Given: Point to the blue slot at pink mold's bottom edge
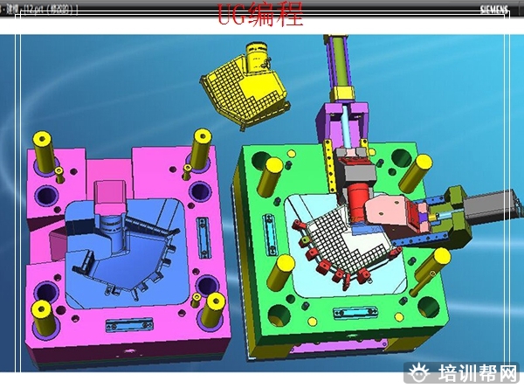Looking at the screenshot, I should pos(119,326).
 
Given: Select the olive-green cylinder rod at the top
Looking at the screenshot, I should pos(337,66).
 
